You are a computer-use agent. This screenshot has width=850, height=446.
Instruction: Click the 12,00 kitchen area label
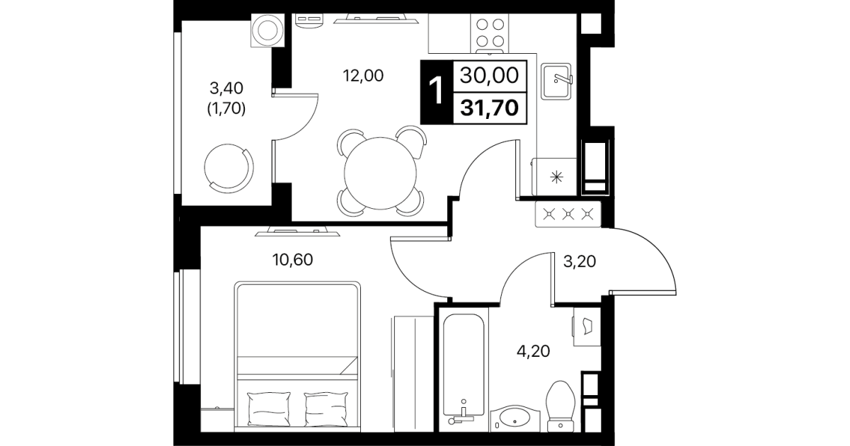pyautogui.click(x=363, y=76)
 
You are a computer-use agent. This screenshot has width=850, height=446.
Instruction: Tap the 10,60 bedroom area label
pyautogui.click(x=292, y=260)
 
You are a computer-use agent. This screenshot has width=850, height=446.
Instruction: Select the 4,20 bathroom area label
pyautogui.click(x=533, y=351)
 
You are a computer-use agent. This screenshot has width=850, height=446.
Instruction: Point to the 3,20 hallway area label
pyautogui.click(x=580, y=261)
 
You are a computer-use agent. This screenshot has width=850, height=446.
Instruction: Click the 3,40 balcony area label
pyautogui.click(x=226, y=88)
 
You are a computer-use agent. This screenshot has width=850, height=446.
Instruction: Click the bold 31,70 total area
pyautogui.click(x=490, y=108)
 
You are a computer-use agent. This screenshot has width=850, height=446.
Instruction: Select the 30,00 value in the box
pyautogui.click(x=489, y=75)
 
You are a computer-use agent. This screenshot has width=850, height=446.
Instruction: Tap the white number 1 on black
pyautogui.click(x=437, y=91)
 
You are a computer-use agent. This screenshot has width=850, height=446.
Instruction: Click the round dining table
pyautogui.click(x=380, y=173)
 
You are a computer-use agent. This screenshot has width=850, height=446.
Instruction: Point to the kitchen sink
pyautogui.click(x=556, y=81)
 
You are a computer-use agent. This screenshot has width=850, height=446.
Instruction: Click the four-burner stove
pyautogui.click(x=490, y=34)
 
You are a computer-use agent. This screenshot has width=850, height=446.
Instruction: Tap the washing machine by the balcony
pyautogui.click(x=268, y=30)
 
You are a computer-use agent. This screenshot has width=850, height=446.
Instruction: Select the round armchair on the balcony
pyautogui.click(x=229, y=168)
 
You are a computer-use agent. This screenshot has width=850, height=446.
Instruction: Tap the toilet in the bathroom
pyautogui.click(x=561, y=406)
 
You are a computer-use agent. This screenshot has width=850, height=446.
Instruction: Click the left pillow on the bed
pyautogui.click(x=269, y=409)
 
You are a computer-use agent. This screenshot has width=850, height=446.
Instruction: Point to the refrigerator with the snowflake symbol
pyautogui.click(x=554, y=177)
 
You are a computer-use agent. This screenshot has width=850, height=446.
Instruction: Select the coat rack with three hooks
pyautogui.click(x=568, y=215)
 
